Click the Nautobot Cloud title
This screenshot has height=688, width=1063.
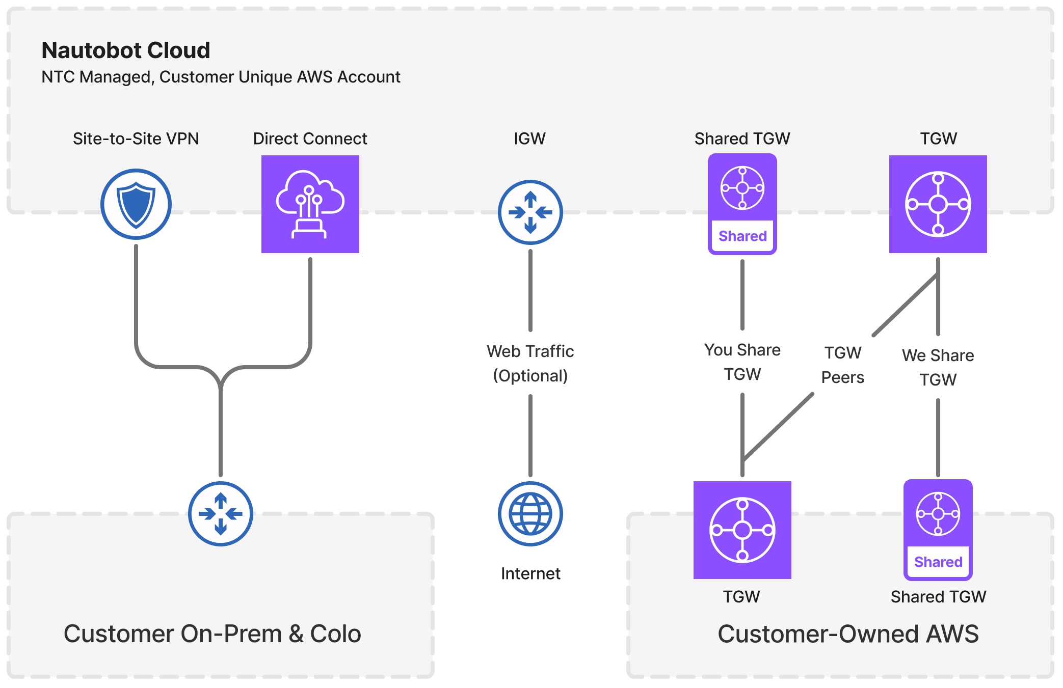point(125,50)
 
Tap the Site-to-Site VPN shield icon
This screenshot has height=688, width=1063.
point(136,204)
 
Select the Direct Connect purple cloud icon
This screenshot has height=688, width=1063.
point(310,204)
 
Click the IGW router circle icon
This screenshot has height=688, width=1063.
point(530,212)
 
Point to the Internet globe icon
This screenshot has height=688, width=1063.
point(530,514)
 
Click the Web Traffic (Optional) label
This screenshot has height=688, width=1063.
point(530,363)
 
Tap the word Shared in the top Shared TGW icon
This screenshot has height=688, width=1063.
point(742,236)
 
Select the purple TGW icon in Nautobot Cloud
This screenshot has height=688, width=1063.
point(938,204)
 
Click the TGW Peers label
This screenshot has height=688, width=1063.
point(842,365)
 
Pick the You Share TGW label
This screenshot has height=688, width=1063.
point(742,362)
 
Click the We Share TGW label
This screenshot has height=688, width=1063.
point(938,367)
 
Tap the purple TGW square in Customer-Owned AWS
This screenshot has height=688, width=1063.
point(742,530)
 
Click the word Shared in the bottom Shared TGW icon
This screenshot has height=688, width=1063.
point(938,562)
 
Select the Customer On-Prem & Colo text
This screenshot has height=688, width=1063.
point(212,634)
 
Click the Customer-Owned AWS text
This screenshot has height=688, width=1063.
point(848,634)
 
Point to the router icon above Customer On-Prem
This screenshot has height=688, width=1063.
point(220,514)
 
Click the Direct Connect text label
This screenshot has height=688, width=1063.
point(310,139)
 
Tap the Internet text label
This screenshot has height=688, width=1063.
point(530,574)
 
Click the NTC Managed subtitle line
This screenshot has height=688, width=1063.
point(220,77)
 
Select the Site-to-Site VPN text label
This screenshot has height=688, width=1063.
point(136,139)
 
